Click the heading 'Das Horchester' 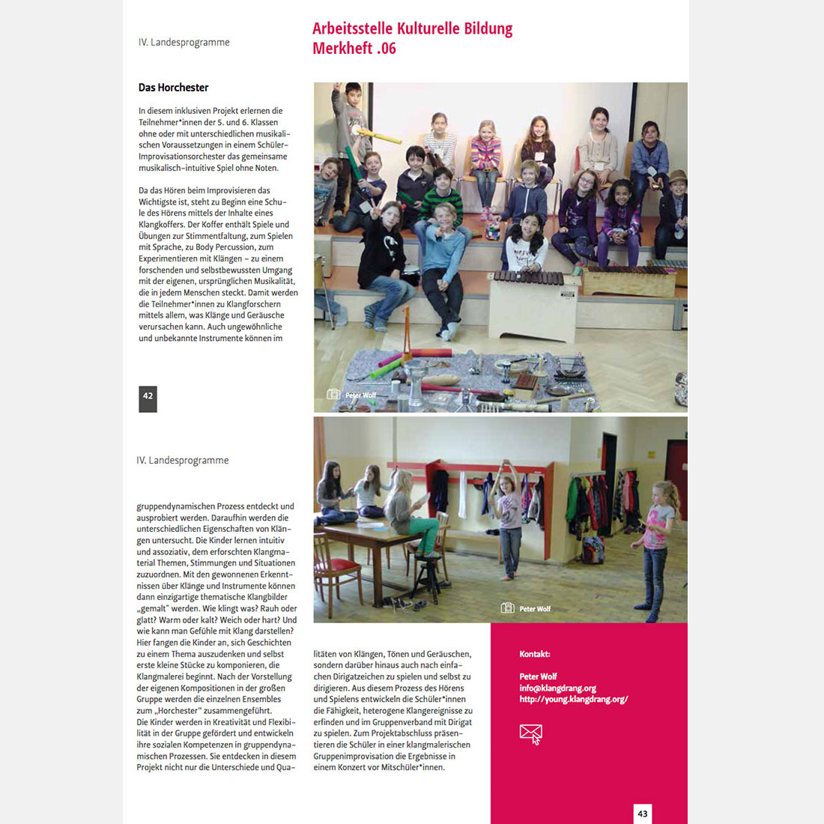173,88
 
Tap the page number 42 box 148,398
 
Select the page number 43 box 642,814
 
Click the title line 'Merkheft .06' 354,49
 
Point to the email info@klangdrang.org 557,688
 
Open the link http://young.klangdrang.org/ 573,700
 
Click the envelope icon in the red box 530,733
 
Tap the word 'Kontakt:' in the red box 534,654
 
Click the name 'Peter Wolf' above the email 538,676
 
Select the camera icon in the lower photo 507,608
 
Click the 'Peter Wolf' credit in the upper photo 360,395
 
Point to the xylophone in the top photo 534,286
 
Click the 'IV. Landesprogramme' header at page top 184,43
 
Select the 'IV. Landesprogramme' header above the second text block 182,461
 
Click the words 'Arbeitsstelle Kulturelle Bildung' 412,28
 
